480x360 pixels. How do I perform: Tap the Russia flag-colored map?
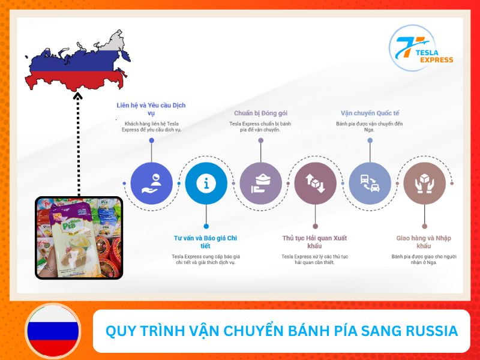pos(75,63)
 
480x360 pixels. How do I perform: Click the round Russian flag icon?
pos(52,331)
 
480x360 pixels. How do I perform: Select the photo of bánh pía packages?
pos(79,238)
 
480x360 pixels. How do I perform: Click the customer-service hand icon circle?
pos(151,184)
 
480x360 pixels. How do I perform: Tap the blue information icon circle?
pos(206,184)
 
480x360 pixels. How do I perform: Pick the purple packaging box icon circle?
pos(260,184)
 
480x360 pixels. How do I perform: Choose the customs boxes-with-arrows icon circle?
pos(315,184)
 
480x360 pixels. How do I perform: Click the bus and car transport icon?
pos(370,184)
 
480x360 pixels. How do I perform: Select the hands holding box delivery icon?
pos(424,184)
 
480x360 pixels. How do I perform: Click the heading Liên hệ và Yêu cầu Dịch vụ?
pos(151,109)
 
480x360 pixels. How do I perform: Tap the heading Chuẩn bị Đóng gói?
pos(260,113)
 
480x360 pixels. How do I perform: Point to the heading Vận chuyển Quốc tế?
pos(370,113)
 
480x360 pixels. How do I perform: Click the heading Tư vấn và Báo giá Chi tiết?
pos(206,242)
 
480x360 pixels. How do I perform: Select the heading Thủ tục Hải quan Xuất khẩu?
pos(315,242)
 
